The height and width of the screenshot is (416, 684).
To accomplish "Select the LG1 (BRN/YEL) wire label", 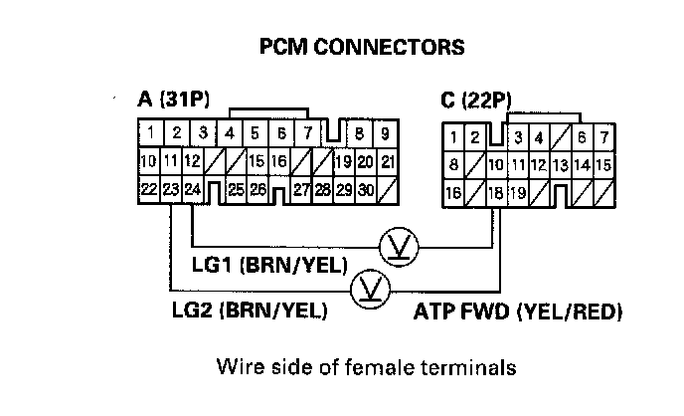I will (268, 265).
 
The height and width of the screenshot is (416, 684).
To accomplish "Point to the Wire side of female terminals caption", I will (367, 367).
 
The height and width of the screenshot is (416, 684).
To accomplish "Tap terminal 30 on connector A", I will (367, 189).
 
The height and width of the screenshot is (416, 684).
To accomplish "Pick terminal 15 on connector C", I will (604, 164).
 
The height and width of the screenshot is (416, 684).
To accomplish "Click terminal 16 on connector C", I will (453, 192).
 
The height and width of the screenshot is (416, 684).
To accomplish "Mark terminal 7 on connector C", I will (604, 136).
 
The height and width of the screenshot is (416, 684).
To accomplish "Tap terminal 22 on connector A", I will (148, 189).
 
